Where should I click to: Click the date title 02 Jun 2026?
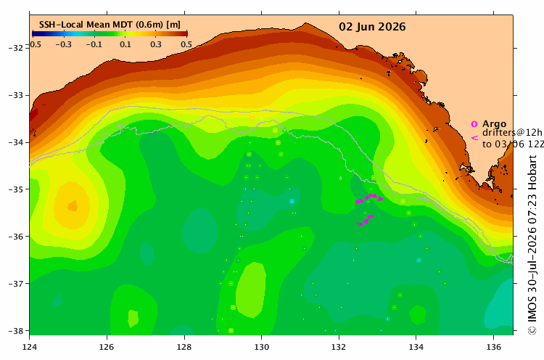pos(372,27)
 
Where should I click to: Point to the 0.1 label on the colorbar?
pos(125,44)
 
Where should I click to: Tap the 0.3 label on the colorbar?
pos(156,44)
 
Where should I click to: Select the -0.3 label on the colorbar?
pos(63,44)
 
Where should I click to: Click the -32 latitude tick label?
pos(15,48)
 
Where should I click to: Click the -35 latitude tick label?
pos(15,189)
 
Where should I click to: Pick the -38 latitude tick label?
pos(15,331)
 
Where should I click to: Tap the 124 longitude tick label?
pos(30,347)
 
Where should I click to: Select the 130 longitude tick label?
pos(261,347)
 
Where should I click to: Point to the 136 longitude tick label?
pos(494,347)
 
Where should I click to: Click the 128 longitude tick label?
pos(184,347)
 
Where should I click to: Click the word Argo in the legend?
pos(494,124)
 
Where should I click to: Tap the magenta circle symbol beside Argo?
pos(474,124)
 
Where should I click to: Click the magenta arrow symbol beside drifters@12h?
pos(474,138)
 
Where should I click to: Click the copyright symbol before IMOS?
pos(532,330)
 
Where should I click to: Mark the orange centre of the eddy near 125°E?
pos(73,206)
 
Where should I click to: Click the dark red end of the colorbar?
pos(185,33)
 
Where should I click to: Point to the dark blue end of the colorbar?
pos(34,33)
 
